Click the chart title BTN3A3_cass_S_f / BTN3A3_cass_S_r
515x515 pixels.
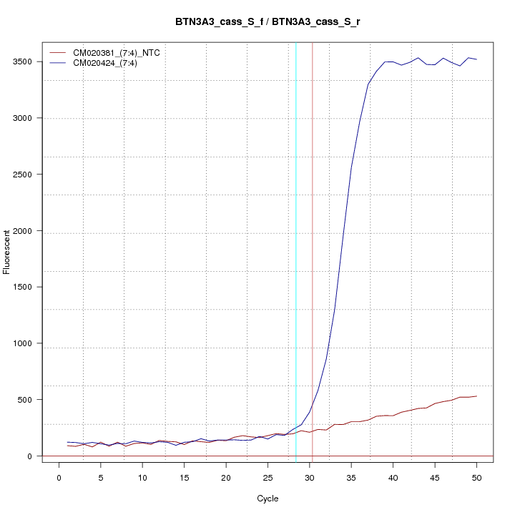click(x=268, y=21)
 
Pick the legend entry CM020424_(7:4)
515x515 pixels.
click(x=110, y=63)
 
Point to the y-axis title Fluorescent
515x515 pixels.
click(x=7, y=251)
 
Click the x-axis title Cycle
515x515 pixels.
click(x=268, y=499)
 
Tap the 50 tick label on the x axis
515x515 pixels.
click(x=477, y=478)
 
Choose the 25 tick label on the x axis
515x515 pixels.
click(x=268, y=478)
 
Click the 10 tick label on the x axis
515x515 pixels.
click(x=142, y=478)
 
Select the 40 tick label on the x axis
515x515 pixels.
click(x=393, y=478)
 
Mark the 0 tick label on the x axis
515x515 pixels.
click(x=59, y=478)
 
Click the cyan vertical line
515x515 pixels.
click(x=296, y=250)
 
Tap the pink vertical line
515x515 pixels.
click(x=313, y=250)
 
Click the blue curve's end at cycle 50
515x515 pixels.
click(x=477, y=59)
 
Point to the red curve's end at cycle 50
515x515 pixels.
click(x=477, y=396)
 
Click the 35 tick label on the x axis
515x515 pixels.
click(x=351, y=478)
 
